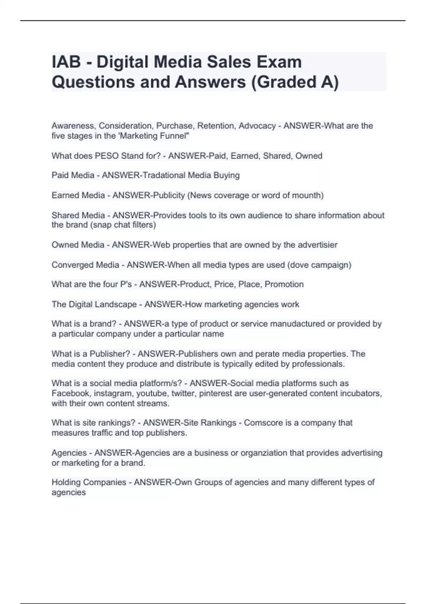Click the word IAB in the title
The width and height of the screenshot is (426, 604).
(66, 62)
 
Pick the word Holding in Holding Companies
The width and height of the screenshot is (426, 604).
(66, 482)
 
